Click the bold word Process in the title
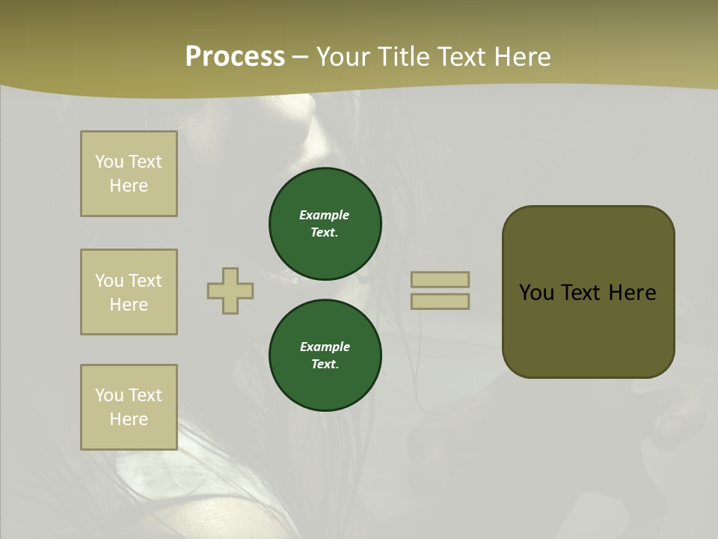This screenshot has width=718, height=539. point(235,57)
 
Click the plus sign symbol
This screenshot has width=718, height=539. point(230,290)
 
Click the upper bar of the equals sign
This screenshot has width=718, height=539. point(440,279)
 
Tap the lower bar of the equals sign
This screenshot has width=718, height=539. point(440,301)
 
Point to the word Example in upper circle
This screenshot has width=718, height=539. point(325,215)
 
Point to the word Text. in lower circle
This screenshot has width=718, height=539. point(325,364)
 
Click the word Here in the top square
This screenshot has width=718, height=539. point(129,186)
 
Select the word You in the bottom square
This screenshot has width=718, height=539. point(109,395)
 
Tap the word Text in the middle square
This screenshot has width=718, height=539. point(144,281)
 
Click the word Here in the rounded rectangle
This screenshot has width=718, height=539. point(632,293)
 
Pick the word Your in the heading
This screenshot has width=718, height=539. point(344,57)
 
